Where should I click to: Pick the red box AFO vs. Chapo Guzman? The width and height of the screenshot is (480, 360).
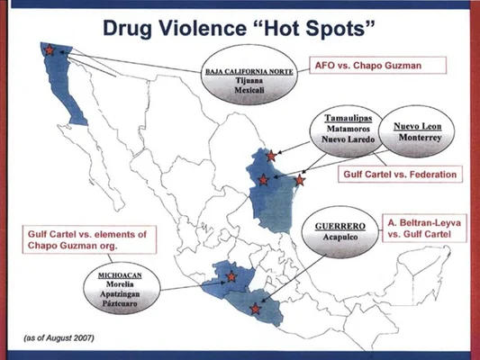[x=367, y=65]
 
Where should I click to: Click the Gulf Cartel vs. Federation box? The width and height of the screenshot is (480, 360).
[x=396, y=174]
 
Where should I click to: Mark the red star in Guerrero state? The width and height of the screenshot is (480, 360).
[x=256, y=309]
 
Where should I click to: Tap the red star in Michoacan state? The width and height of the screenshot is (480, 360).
[x=231, y=277]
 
